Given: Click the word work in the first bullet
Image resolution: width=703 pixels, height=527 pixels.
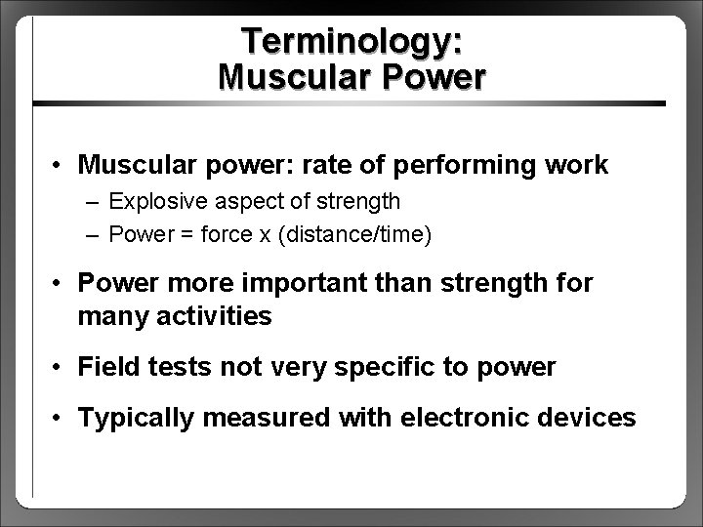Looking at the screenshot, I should pyautogui.click(x=578, y=165).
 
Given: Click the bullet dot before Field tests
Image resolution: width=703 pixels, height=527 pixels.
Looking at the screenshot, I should pyautogui.click(x=61, y=368).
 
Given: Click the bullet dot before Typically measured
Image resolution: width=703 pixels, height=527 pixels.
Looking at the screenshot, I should pyautogui.click(x=61, y=419).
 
